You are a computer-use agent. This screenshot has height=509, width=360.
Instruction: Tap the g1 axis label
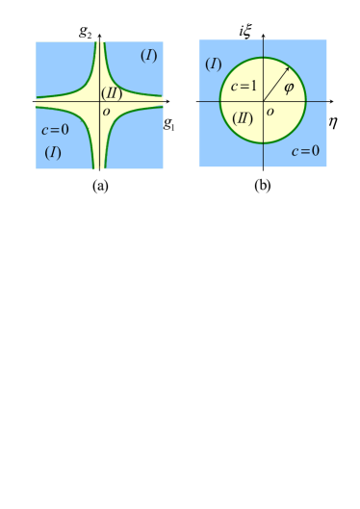(x=167, y=122)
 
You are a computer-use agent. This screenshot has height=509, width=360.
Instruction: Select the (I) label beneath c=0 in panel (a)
(x=53, y=152)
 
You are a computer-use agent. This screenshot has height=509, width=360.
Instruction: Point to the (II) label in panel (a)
(x=110, y=92)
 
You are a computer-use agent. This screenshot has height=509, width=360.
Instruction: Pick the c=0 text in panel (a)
(x=55, y=130)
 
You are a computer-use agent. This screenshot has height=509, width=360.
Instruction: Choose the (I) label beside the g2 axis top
(x=148, y=55)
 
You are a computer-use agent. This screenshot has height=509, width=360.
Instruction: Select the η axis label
(x=332, y=121)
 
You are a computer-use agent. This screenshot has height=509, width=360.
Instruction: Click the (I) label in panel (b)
(x=214, y=64)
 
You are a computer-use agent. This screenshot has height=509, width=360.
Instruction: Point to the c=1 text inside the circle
(x=244, y=88)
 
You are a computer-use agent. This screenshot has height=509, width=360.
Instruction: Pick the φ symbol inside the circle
(x=288, y=89)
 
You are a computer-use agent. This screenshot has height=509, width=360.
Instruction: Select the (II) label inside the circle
(x=243, y=118)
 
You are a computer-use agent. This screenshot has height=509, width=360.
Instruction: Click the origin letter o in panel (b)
(x=270, y=112)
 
